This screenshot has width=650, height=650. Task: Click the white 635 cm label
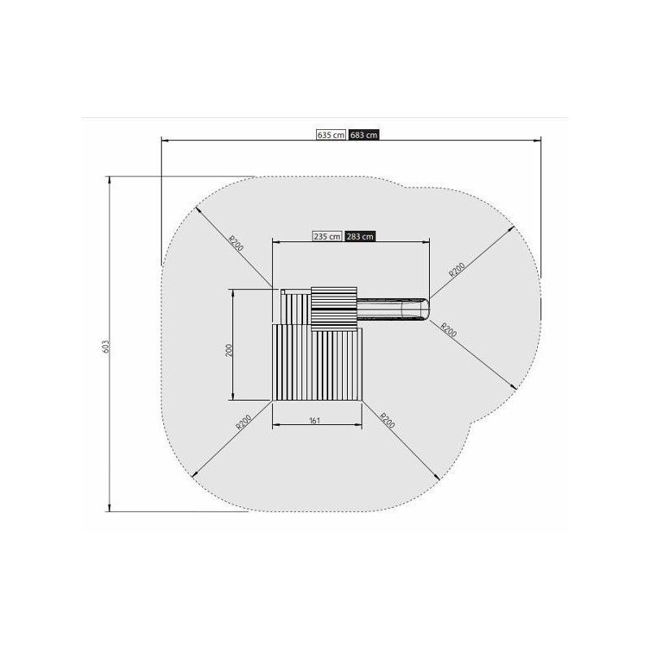[x=331, y=135]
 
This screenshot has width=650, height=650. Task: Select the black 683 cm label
[x=363, y=135]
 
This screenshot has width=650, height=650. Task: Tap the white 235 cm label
[x=327, y=236]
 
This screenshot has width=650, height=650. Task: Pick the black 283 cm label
[x=360, y=236]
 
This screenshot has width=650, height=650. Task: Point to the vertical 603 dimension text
[x=106, y=347]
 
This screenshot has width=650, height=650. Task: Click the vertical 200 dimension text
[x=229, y=350]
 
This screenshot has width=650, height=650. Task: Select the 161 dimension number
[x=314, y=420]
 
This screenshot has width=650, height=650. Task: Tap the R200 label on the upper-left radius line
[x=236, y=243]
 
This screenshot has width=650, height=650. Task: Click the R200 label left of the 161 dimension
[x=243, y=422]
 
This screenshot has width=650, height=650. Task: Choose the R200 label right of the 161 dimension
[x=388, y=420]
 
